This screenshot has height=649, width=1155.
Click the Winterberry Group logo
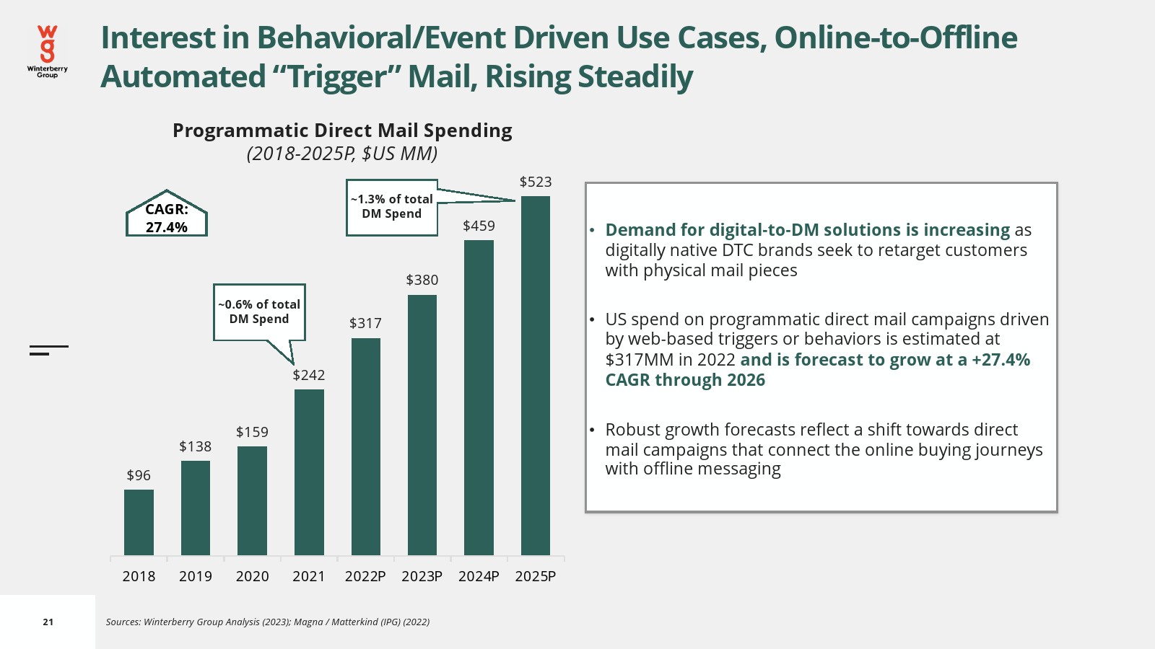coord(48,50)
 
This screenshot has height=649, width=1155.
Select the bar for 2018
coord(139,522)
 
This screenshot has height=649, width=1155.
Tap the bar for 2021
coord(309,472)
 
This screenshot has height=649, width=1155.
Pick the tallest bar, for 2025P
coord(536,375)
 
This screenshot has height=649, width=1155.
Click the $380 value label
coord(422,280)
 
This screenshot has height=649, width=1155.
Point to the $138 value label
coord(196,446)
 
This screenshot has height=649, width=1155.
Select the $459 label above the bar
coord(479,226)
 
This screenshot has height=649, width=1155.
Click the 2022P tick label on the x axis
coord(365,576)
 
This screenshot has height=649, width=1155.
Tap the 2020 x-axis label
coord(252,576)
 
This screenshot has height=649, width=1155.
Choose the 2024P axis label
coord(479,576)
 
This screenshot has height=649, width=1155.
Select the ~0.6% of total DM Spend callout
coord(259,312)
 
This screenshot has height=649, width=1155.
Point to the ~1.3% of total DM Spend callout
coord(392,207)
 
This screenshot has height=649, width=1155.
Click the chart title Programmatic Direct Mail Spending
coord(342,131)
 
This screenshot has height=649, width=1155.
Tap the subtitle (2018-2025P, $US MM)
coord(342,154)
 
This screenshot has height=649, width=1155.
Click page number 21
coord(48,622)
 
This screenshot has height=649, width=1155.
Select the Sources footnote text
coord(268,622)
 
